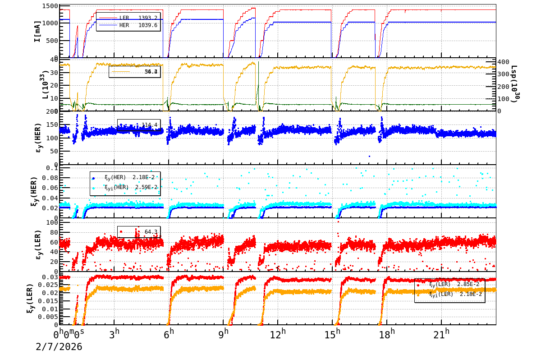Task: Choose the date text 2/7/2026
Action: (x=59, y=347)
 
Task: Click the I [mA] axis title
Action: (x=37, y=31)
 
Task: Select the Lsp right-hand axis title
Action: (x=513, y=84)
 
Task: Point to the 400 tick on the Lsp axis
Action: (x=503, y=62)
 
